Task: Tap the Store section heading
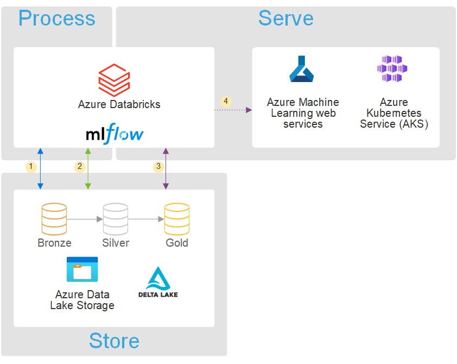114,341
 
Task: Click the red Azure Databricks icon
114,79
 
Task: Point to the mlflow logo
115,134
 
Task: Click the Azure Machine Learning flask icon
302,70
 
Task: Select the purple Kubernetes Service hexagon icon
392,69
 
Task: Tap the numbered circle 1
31,166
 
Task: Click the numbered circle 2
80,166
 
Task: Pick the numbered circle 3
158,166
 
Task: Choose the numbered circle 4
226,101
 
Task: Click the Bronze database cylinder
54,218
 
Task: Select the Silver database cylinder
116,218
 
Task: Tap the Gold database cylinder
177,218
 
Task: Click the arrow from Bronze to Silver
85,219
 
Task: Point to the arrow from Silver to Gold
146,219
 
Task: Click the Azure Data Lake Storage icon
82,269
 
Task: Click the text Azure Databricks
119,104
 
